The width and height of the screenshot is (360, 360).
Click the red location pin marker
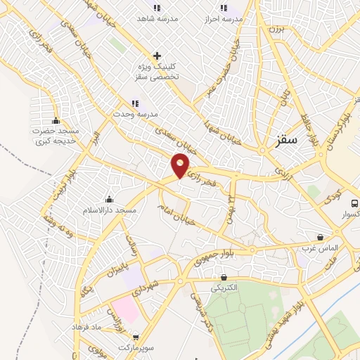[181, 166]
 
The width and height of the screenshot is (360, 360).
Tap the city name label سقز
[288, 139]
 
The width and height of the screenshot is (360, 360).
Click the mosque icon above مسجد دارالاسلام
[108, 199]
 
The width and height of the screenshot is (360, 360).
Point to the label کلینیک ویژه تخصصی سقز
[157, 70]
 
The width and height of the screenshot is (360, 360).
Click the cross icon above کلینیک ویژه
[157, 55]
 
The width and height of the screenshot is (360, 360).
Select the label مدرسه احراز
[224, 19]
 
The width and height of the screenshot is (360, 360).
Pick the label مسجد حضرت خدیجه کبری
[56, 136]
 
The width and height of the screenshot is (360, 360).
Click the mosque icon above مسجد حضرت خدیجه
[56, 120]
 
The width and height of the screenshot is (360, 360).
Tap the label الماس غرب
[321, 249]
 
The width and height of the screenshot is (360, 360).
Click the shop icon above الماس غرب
[321, 238]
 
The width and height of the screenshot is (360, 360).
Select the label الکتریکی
[224, 288]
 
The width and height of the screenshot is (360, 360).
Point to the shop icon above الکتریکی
[224, 277]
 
